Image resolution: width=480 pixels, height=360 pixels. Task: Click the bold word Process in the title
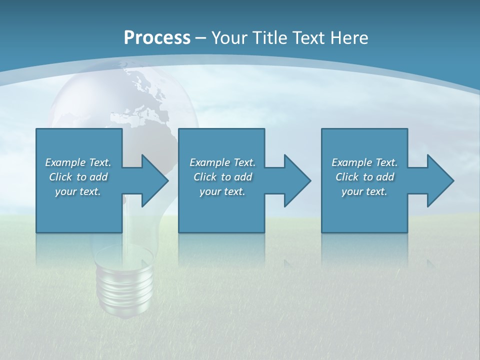157,38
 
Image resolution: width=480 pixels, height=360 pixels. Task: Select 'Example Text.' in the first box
78,162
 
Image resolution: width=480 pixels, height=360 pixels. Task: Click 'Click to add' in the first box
78,177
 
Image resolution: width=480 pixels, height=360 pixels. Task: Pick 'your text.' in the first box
78,191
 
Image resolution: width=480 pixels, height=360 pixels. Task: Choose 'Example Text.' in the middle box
222,162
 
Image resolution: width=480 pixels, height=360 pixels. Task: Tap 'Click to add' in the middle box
222,177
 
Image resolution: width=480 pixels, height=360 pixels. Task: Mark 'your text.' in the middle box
222,191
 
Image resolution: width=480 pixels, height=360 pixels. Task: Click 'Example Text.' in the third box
364,162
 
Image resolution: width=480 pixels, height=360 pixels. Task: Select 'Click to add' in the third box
364,177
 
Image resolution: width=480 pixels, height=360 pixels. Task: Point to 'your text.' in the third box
364,191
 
